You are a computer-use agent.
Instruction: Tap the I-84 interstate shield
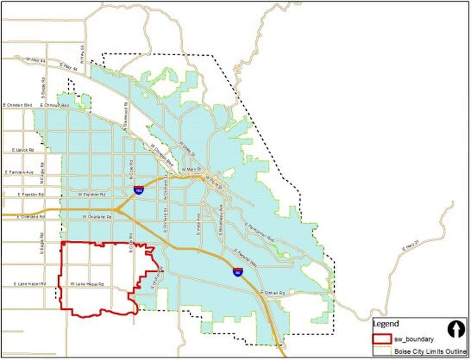pyautogui.click(x=238, y=272)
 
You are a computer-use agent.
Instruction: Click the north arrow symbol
pyautogui.click(x=456, y=329)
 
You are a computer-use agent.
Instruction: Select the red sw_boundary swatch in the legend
pyautogui.click(x=382, y=339)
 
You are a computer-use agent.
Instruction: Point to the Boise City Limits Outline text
pyautogui.click(x=430, y=352)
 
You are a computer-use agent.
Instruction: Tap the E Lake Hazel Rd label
pyautogui.click(x=29, y=284)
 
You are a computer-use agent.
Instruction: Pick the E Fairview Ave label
pyautogui.click(x=19, y=172)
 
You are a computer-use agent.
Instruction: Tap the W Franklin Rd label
pyautogui.click(x=92, y=194)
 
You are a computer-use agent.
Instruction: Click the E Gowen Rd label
pyautogui.click(x=273, y=292)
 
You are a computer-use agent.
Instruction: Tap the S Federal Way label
pyautogui.click(x=245, y=258)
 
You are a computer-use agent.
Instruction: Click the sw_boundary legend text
pyautogui.click(x=414, y=339)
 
